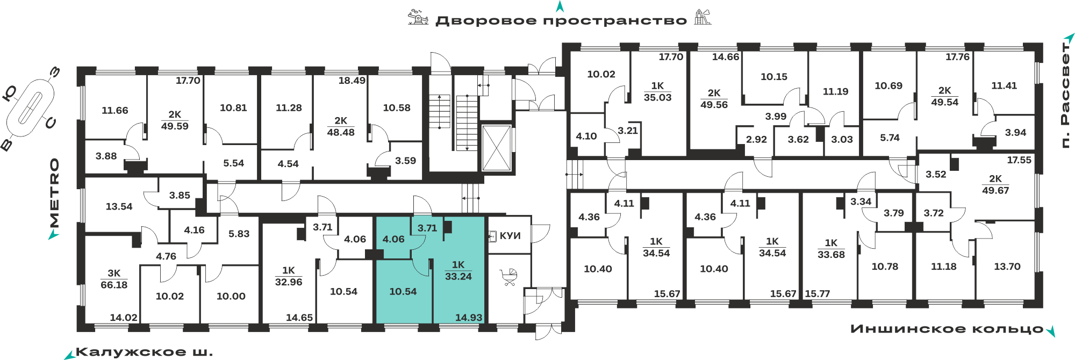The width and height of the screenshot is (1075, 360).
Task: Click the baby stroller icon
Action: [509, 277]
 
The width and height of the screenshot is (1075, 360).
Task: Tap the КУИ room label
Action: [510, 235]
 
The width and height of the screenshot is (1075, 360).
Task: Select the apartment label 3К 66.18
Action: [114, 279]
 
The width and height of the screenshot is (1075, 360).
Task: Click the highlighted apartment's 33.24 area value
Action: [458, 277]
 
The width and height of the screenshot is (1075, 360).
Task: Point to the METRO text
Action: [54, 193]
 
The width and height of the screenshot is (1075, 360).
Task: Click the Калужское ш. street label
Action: [144, 352]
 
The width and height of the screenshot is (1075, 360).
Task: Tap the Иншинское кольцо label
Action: [947, 329]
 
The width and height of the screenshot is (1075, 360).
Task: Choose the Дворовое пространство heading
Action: [561, 21]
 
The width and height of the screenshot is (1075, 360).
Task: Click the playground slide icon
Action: [703, 17]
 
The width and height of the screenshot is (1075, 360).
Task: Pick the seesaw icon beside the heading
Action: [418, 17]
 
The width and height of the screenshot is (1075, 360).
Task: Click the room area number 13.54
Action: [119, 206]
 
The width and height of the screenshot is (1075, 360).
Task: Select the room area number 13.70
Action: [1007, 267]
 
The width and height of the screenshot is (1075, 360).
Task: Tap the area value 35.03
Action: [658, 97]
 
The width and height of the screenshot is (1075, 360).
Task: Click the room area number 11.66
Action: [115, 110]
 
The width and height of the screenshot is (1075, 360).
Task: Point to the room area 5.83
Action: [239, 234]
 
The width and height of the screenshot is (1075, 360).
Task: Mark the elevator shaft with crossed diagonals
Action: [496, 148]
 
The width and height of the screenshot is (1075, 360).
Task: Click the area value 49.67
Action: [995, 190]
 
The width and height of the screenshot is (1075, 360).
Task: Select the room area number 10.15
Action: [774, 77]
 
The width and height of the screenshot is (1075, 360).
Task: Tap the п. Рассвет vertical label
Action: [1065, 95]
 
